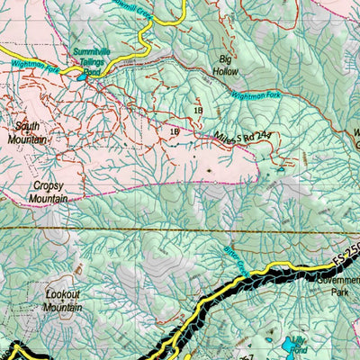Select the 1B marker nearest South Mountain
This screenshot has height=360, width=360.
174,132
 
